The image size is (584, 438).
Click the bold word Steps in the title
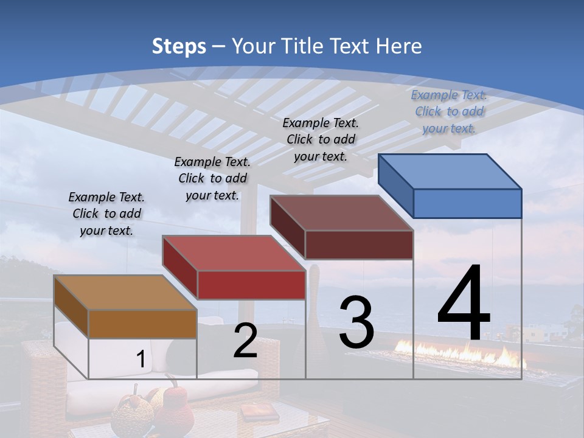(x=179, y=46)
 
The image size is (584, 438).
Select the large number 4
(x=464, y=304)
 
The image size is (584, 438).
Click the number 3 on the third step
(x=356, y=322)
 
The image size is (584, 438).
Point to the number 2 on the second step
(x=245, y=341)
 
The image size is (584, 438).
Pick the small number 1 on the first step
(x=141, y=360)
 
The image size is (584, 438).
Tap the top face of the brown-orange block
(x=125, y=293)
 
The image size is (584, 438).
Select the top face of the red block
(x=234, y=252)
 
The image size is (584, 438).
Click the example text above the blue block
(x=449, y=111)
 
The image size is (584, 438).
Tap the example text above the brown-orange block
(x=106, y=214)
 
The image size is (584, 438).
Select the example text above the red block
(x=212, y=178)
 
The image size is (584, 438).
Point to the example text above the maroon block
(x=321, y=139)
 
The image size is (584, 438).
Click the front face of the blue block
(x=467, y=203)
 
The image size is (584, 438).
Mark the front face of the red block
(x=251, y=285)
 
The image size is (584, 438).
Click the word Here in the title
(x=401, y=46)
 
